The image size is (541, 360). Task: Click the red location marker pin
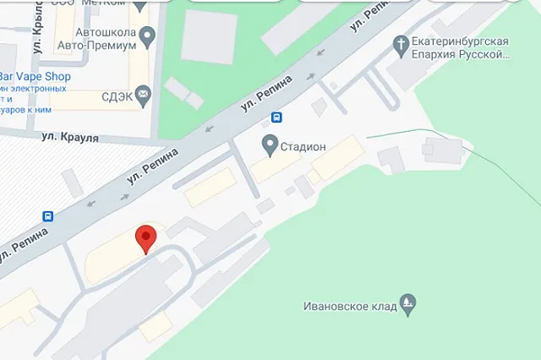click(146, 239)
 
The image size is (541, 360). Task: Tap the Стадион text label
click(304, 147)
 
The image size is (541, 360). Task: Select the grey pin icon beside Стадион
click(270, 145)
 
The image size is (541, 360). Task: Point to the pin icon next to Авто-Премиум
click(148, 36)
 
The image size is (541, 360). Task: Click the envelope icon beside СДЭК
click(143, 94)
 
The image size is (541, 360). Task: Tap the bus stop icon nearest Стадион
click(277, 118)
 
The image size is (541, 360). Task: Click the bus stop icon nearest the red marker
click(48, 215)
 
